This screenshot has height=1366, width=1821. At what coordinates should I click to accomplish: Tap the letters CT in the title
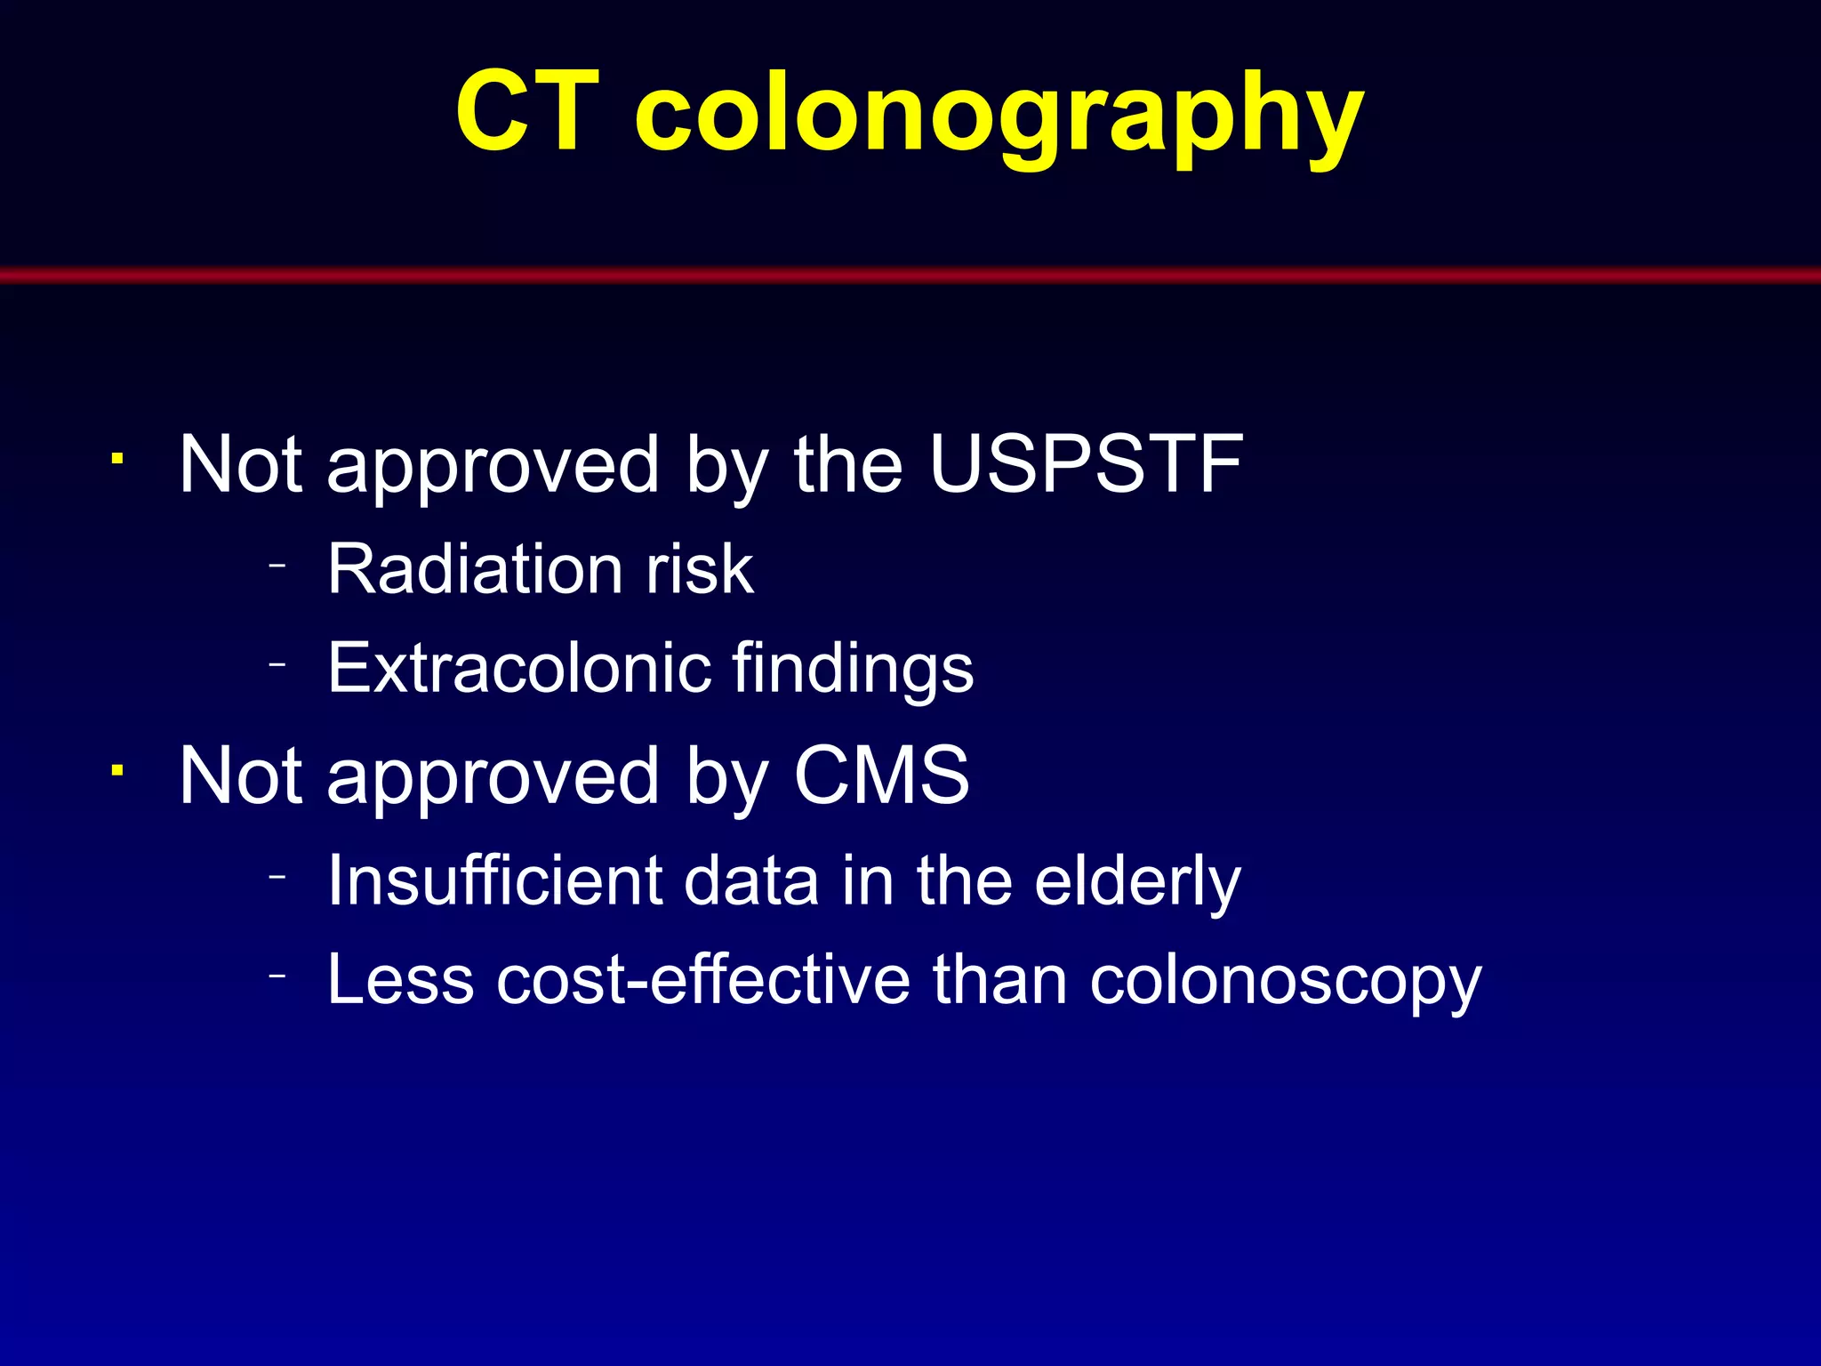(x=527, y=114)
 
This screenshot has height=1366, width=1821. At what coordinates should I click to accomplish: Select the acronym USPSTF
(x=1086, y=464)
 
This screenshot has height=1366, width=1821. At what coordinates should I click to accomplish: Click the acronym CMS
(x=881, y=775)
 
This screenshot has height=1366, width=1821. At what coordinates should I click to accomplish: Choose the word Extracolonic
(x=518, y=668)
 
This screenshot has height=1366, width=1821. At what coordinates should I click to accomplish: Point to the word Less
(x=400, y=980)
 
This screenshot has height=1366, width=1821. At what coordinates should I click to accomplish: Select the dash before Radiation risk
(x=277, y=565)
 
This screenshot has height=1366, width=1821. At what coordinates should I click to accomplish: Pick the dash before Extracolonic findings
(x=277, y=663)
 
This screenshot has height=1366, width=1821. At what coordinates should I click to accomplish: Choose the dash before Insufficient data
(x=277, y=876)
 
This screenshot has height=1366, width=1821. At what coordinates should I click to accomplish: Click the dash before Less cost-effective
(x=277, y=976)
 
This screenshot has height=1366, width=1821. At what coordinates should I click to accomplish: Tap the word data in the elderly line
(x=750, y=880)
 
